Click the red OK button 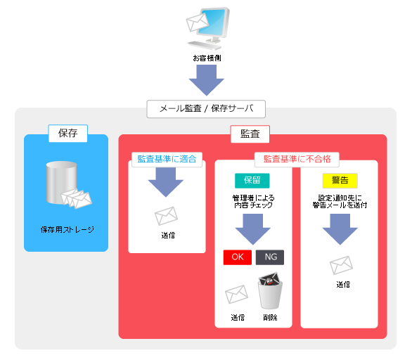238,257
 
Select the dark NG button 270,257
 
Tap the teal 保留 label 252,181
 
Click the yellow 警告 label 340,181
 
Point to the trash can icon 271,291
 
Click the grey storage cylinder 62,182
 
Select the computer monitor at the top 213,24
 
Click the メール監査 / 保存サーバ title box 206,109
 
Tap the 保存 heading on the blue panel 67,133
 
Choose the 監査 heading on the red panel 250,134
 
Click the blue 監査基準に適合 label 167,159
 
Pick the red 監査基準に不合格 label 297,159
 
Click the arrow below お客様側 207,80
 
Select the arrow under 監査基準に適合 166,182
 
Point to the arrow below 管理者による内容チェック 253,229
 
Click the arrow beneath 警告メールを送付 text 340,229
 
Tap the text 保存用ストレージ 67,230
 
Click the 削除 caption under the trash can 270,317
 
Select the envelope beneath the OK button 236,294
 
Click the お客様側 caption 207,58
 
